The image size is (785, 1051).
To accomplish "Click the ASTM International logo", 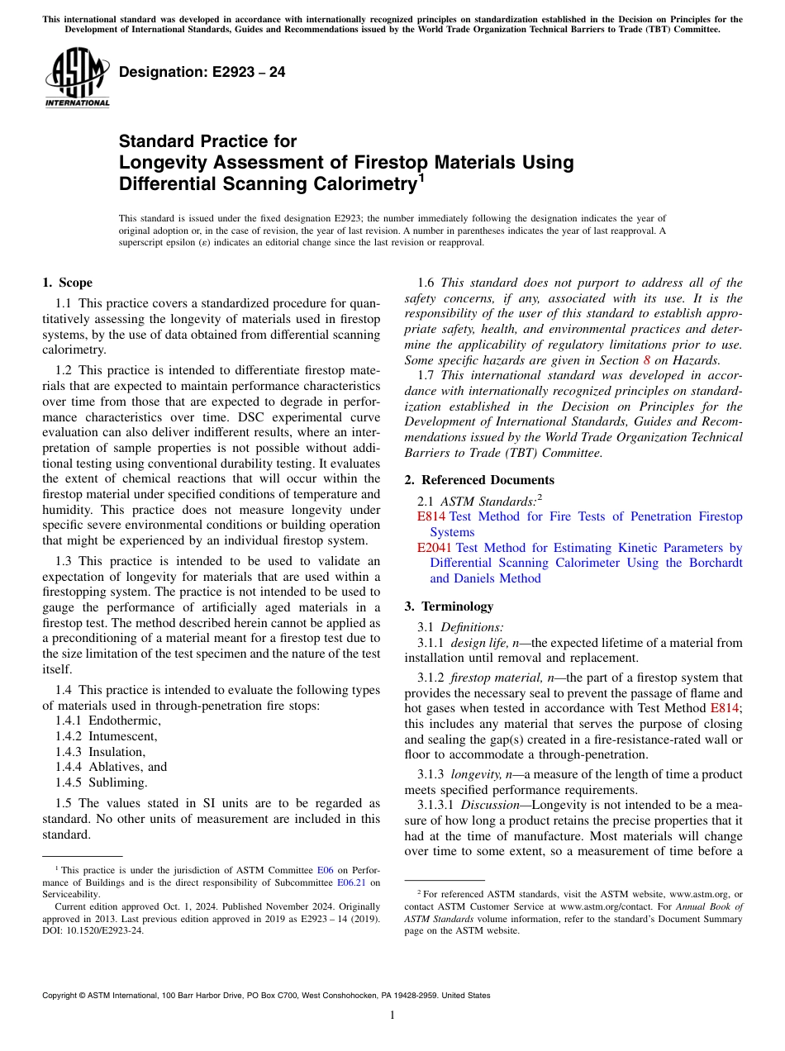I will [x=77, y=78].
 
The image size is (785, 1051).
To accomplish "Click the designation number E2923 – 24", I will [x=202, y=72].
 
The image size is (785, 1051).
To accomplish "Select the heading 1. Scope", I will [x=68, y=283].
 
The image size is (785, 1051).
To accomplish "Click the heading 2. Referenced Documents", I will [x=479, y=480].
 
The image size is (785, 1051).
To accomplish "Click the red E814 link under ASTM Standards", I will [x=431, y=516].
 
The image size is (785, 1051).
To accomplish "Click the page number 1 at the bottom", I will [x=392, y=1015].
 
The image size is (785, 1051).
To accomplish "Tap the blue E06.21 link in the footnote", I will [x=351, y=882].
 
